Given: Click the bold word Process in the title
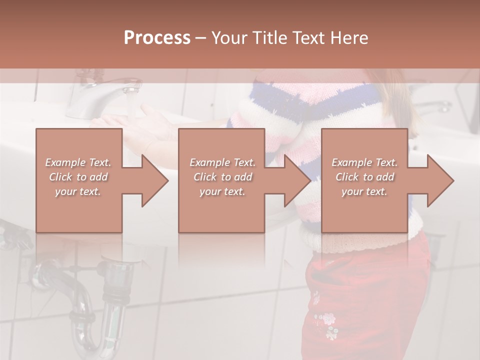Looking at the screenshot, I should [157, 38].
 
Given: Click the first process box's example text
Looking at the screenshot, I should [78, 176].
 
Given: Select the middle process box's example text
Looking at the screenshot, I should [222, 176].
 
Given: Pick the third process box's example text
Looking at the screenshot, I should [364, 176].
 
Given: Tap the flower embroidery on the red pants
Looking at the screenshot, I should [327, 320].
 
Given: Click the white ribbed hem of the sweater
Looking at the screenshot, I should [350, 242].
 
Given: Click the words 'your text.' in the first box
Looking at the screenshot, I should [77, 191].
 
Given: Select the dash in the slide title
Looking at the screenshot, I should [201, 38].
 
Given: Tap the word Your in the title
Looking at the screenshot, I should [228, 38].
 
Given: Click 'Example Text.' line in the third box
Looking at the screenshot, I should [364, 162].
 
